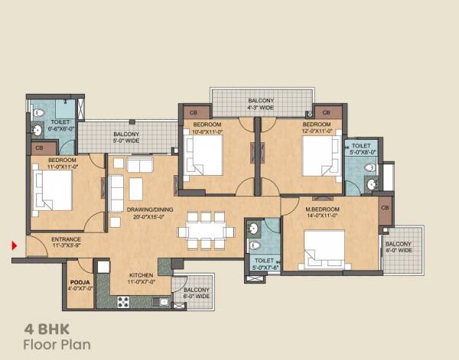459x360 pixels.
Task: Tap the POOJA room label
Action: (x=80, y=285)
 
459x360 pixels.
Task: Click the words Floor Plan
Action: (x=57, y=344)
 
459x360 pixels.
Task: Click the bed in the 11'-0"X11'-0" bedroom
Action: (x=52, y=188)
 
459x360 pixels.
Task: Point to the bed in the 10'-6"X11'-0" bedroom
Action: (x=205, y=157)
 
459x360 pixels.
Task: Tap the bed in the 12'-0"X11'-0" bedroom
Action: (x=318, y=157)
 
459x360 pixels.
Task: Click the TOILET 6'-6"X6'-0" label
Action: (x=61, y=125)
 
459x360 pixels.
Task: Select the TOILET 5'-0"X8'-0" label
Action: (x=360, y=149)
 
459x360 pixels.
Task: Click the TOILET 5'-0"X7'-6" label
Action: (x=263, y=264)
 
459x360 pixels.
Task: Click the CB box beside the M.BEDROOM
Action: (x=385, y=207)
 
